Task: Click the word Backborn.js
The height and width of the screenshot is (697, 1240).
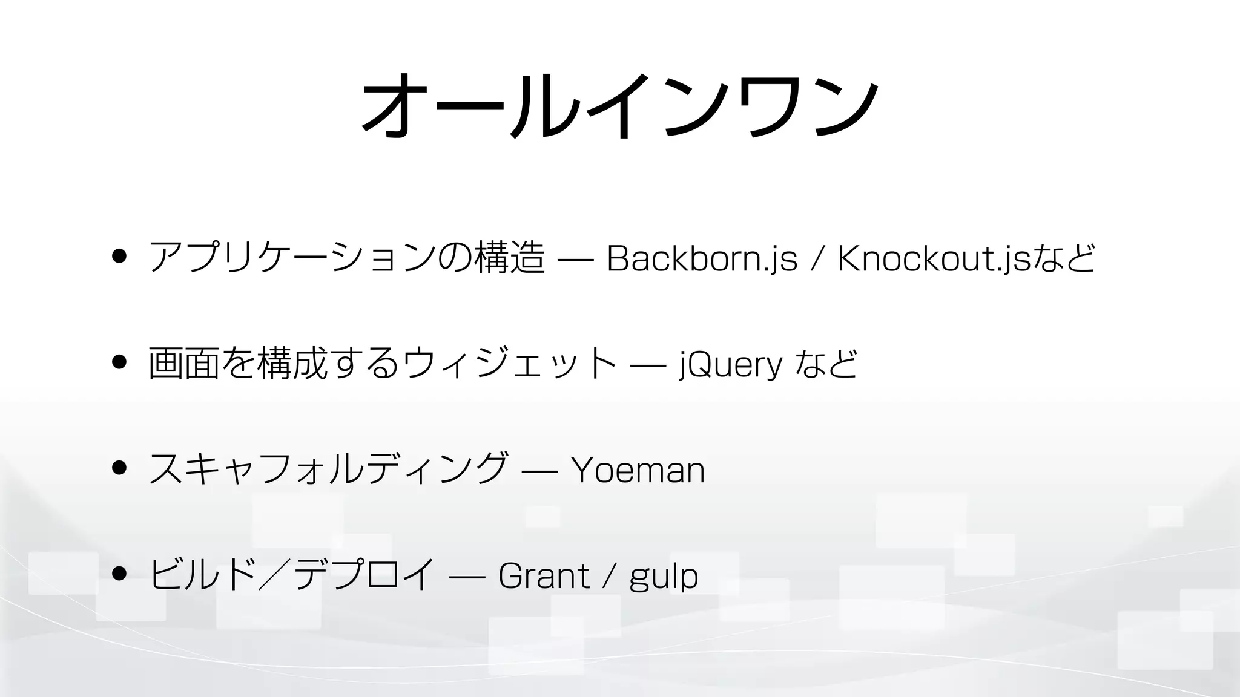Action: pos(702,258)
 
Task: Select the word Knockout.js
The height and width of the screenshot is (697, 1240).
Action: pos(932,258)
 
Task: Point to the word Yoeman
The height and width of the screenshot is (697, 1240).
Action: pos(638,470)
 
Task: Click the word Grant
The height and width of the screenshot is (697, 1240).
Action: pos(543,575)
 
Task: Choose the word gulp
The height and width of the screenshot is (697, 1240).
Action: pos(664,577)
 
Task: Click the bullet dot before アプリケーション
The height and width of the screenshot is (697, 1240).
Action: pos(119,256)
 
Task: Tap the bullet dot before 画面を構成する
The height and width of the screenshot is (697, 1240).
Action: pos(119,362)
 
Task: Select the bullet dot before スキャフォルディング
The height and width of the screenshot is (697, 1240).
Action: pos(119,468)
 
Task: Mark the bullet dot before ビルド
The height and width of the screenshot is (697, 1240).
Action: pos(119,573)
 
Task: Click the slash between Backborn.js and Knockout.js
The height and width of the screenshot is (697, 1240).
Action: pos(817,259)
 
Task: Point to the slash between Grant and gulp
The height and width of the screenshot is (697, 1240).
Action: pos(609,576)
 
